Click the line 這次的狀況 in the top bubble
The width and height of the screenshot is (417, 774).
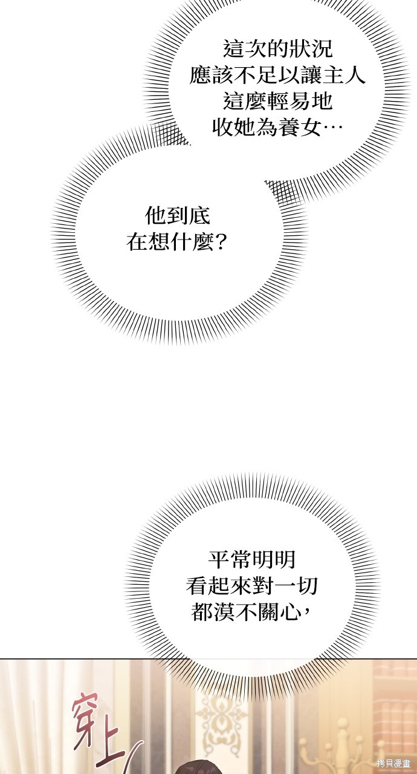(277, 49)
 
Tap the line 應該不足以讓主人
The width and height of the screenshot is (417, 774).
(277, 75)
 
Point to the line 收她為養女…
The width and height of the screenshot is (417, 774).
(277, 128)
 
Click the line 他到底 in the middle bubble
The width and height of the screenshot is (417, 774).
(178, 216)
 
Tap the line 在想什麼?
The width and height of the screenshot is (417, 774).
(178, 242)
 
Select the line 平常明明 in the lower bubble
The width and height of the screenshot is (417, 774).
(251, 559)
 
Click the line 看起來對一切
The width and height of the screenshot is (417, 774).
(251, 586)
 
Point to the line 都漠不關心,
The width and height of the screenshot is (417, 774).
(251, 612)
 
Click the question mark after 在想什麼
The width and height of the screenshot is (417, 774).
(222, 242)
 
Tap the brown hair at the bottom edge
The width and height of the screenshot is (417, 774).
(193, 770)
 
